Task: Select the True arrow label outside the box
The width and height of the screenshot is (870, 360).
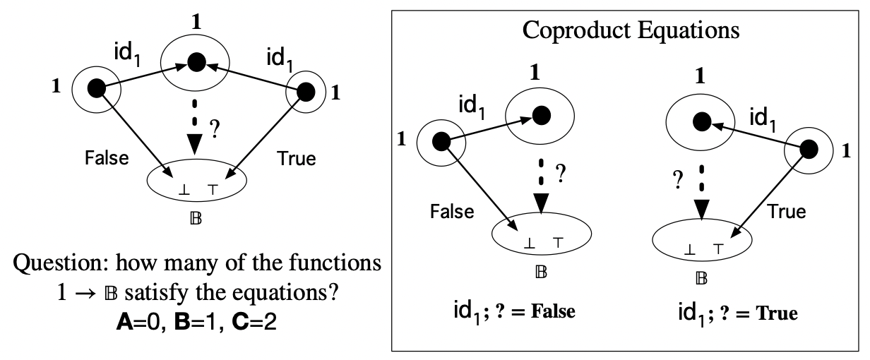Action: [297, 157]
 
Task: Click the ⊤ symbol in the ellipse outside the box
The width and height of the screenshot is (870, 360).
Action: [212, 191]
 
